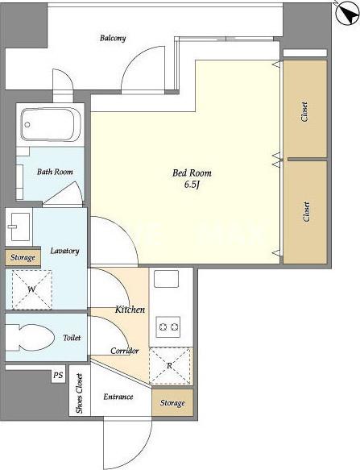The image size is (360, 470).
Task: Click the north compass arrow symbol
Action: (347, 13)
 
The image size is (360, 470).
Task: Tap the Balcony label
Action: (113, 39)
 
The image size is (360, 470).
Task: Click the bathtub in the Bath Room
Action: (48, 124)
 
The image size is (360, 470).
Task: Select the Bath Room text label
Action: (55, 172)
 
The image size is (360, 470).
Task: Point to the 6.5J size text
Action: (192, 185)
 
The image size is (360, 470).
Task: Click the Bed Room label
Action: (192, 173)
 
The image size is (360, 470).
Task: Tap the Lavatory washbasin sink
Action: (19, 227)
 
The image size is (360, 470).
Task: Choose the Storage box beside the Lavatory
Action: (23, 257)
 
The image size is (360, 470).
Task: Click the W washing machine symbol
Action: (31, 289)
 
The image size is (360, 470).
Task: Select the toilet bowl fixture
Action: (30, 337)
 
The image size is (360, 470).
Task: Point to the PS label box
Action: (59, 375)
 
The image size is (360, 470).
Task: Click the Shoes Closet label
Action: (80, 393)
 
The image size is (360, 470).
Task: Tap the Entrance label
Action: (118, 397)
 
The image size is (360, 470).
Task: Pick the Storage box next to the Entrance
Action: (172, 402)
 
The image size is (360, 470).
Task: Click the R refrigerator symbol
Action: (170, 366)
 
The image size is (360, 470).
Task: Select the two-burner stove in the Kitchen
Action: (168, 327)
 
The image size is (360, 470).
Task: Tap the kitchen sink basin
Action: (166, 279)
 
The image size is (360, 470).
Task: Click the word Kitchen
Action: (130, 310)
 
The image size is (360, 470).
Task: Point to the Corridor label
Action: (124, 351)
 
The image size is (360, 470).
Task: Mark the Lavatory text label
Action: (64, 251)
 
